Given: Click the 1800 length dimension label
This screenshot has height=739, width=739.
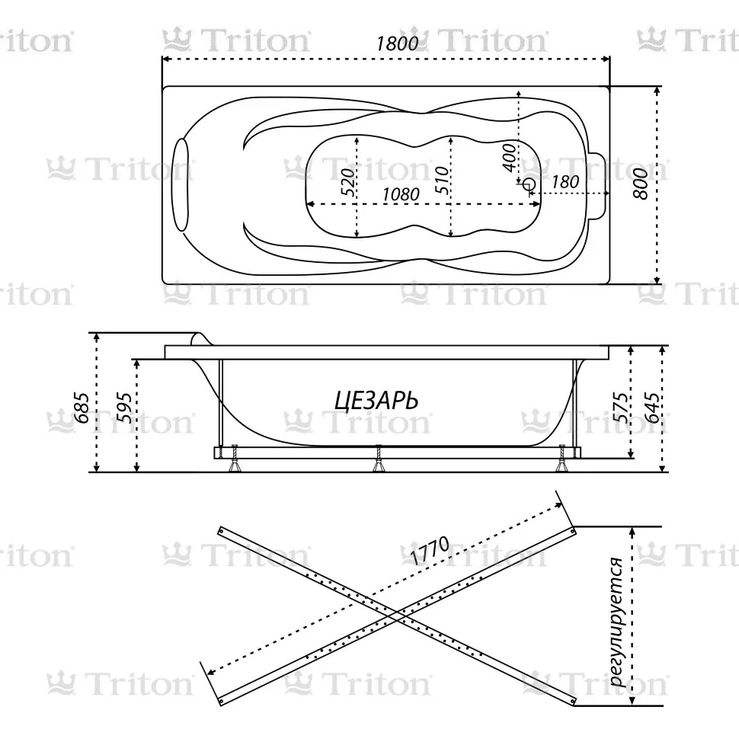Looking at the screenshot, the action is [x=397, y=43].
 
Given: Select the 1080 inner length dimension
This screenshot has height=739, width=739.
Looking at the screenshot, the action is [x=401, y=194].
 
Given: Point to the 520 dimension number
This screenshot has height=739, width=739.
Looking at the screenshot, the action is [x=347, y=181].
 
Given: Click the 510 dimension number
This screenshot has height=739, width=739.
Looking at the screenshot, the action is [x=442, y=180].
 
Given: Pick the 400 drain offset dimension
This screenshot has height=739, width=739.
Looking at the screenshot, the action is [x=509, y=158].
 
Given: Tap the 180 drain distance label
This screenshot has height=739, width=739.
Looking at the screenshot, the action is [x=565, y=181].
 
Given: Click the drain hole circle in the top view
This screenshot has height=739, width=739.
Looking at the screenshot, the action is [x=529, y=184].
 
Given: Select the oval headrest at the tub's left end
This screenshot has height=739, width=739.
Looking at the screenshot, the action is [x=181, y=185].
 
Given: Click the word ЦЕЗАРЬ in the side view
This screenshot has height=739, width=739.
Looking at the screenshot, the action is [x=376, y=401].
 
